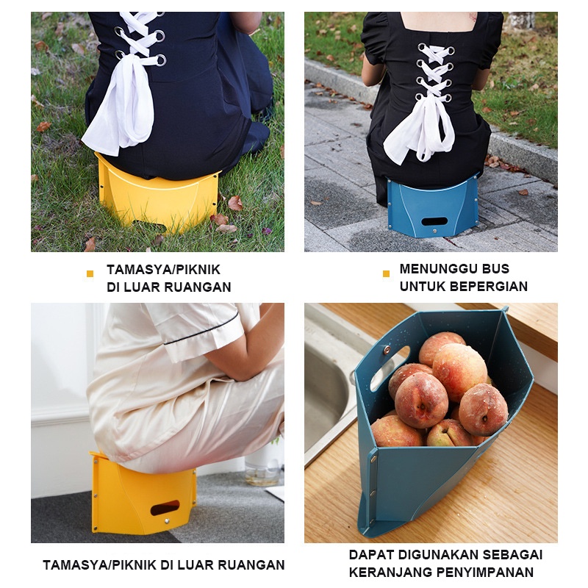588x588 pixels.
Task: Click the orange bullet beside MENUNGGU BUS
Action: click(386, 274)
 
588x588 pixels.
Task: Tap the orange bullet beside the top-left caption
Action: click(90, 274)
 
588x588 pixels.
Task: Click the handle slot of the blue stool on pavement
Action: click(434, 220)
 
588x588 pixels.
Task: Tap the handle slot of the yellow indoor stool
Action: click(165, 507)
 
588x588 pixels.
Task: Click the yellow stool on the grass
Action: click(158, 195)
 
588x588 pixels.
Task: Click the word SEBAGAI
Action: click(517, 554)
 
